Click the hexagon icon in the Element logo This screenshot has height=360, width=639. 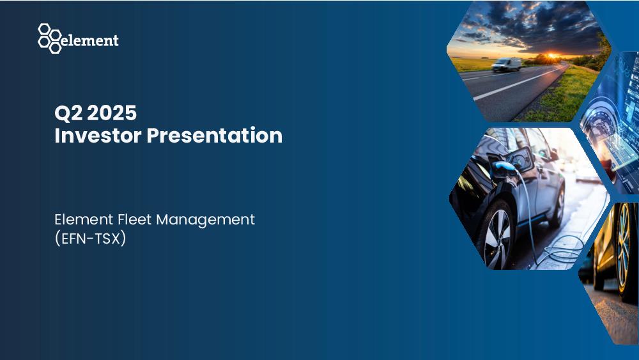click(50, 38)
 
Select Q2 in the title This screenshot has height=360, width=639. click(68, 113)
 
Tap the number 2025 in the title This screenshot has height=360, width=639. click(112, 113)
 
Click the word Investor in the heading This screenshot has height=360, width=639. click(98, 135)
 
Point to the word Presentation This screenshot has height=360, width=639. click(214, 135)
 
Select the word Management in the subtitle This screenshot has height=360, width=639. click(206, 220)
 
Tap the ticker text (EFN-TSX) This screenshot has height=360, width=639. click(90, 239)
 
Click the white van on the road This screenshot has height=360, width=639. click(507, 65)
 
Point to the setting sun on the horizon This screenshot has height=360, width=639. click(551, 55)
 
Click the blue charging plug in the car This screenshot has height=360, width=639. click(505, 167)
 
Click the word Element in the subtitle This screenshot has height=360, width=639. click(84, 219)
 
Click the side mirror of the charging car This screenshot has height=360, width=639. click(553, 155)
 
